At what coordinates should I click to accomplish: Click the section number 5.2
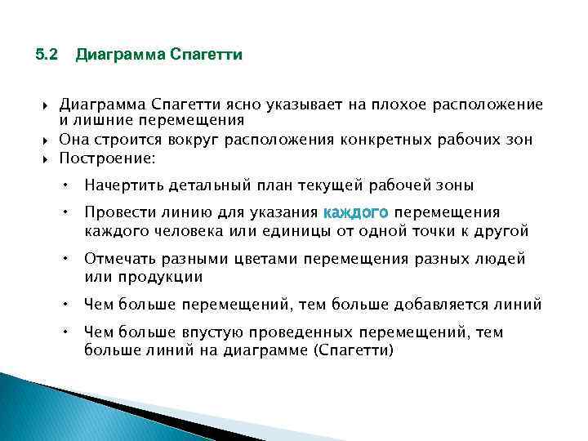[x=47, y=56]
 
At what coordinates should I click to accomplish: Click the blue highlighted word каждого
[x=356, y=213]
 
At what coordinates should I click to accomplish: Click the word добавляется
[x=442, y=305]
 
